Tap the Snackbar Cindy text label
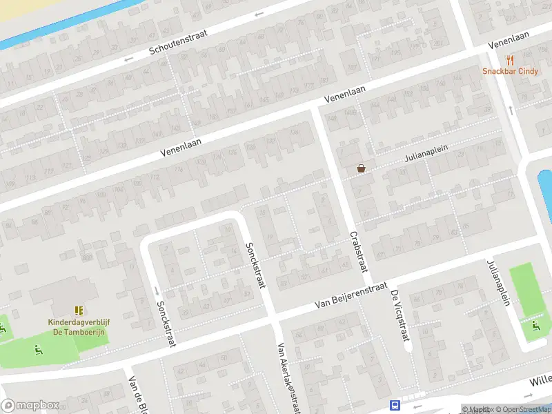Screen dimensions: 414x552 510,72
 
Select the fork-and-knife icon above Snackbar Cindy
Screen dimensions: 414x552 510,60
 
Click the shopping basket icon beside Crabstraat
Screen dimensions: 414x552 361,168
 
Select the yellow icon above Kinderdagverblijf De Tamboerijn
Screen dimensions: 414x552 77,311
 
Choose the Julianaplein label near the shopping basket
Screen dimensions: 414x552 426,156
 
